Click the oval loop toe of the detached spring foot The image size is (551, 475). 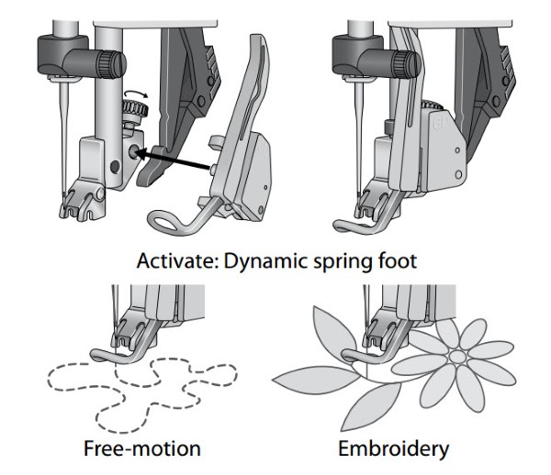coord(170,221)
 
